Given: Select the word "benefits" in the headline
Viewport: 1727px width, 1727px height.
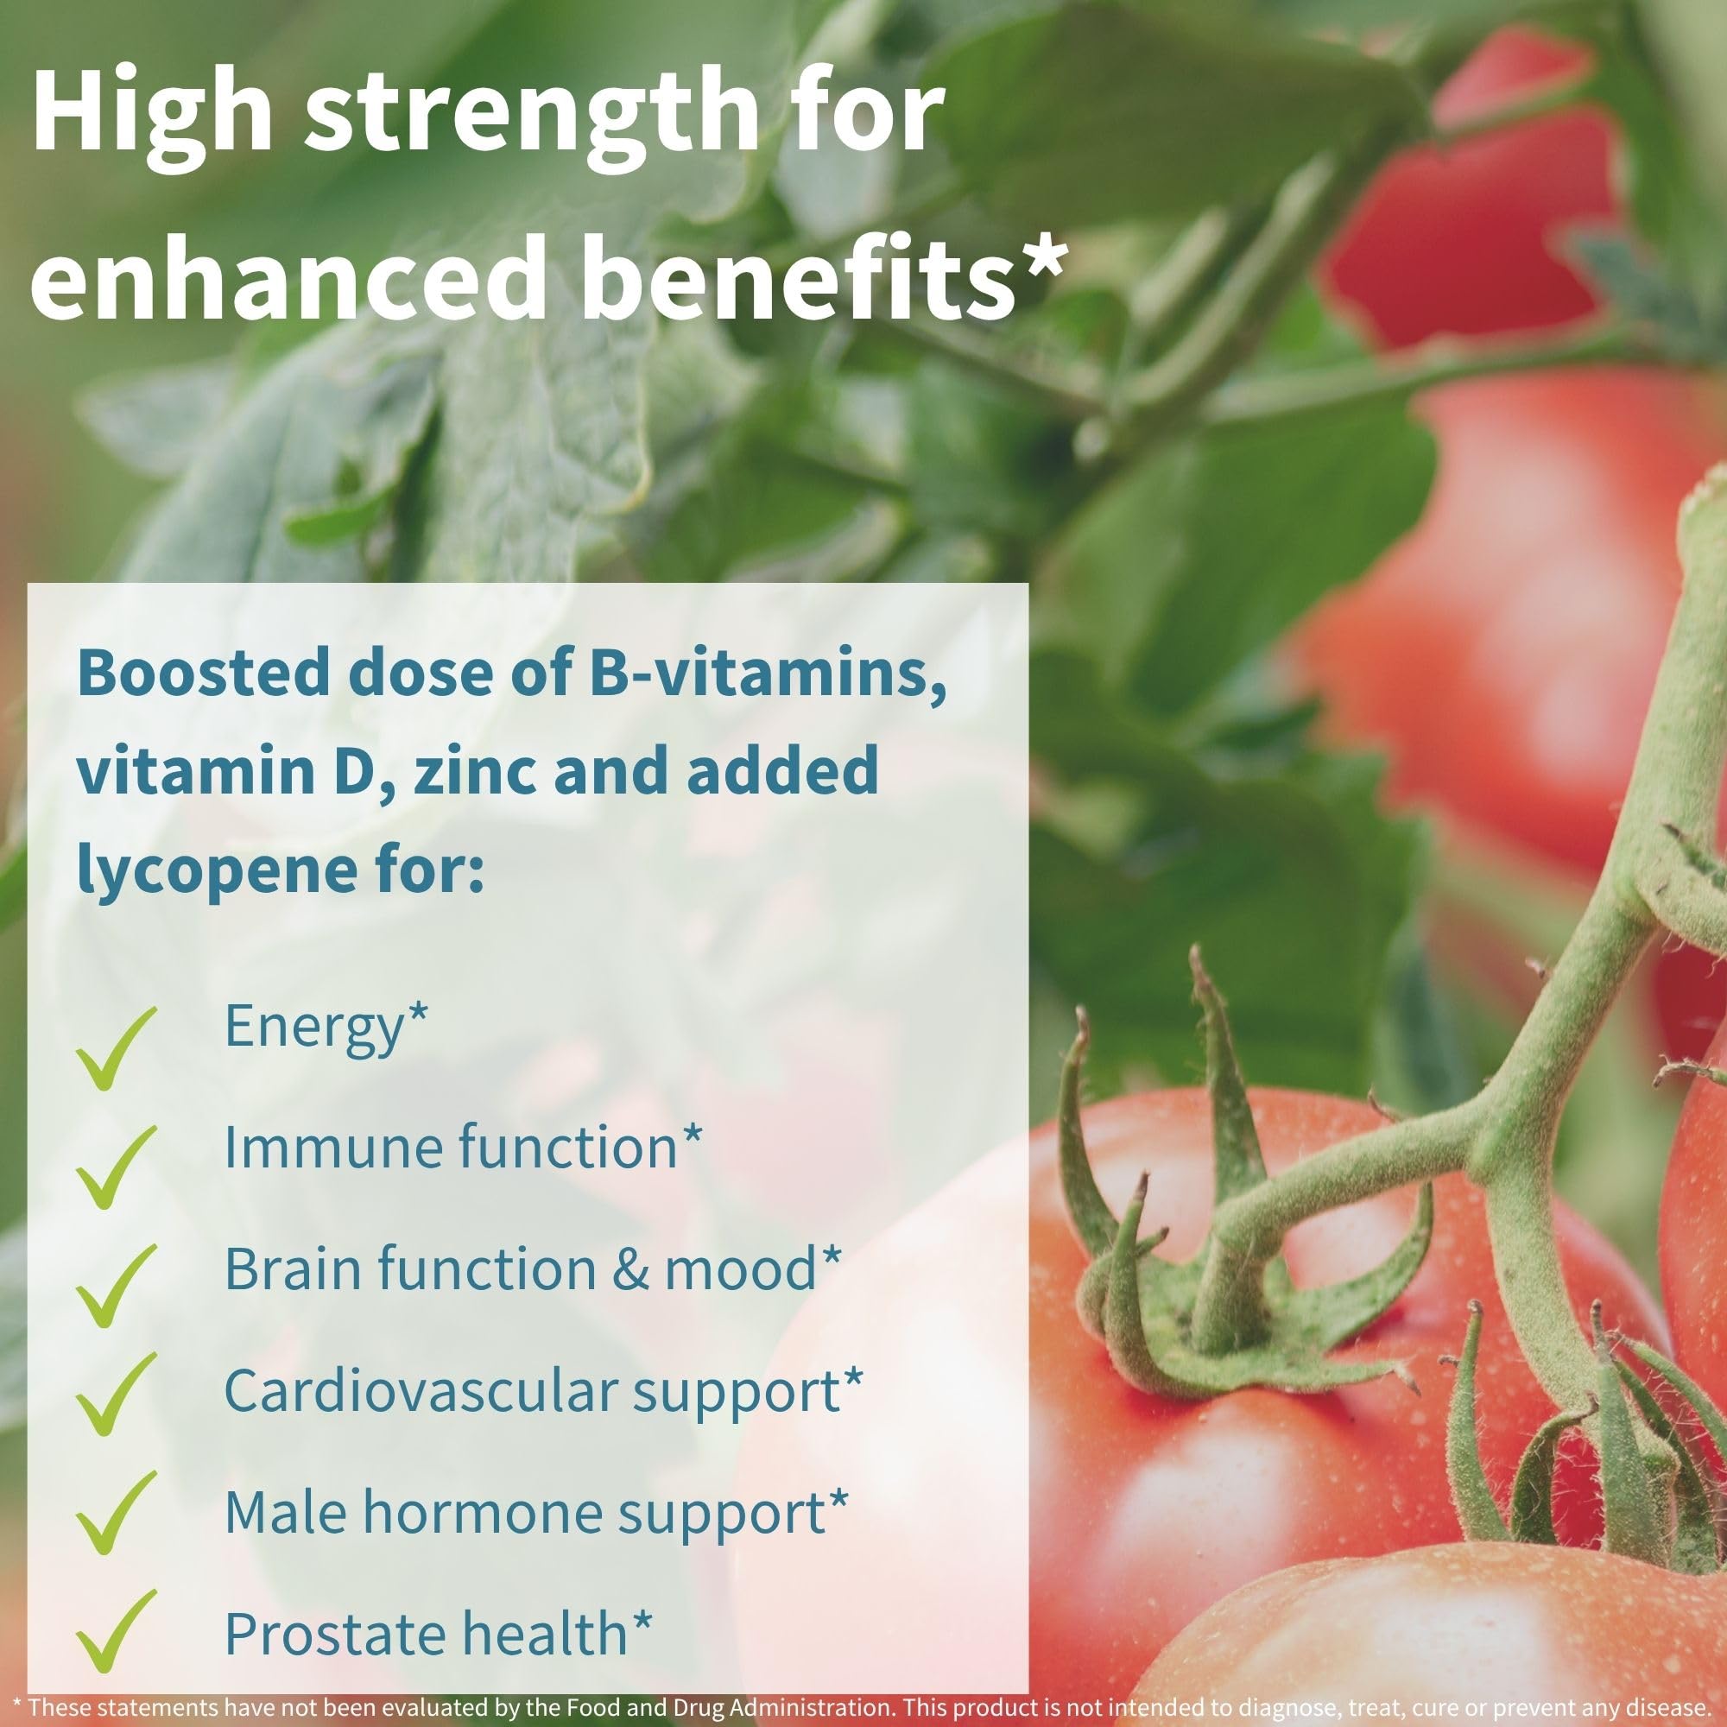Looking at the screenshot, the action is [800, 275].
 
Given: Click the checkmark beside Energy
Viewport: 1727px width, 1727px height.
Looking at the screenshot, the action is [117, 1047].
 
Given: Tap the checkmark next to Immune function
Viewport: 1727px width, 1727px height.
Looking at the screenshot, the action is [117, 1167].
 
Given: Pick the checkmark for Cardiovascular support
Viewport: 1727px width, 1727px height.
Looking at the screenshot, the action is [117, 1404].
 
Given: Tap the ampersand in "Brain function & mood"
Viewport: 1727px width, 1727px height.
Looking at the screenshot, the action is [631, 1268].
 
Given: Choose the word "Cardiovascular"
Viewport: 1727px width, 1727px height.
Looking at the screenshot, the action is [420, 1390].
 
